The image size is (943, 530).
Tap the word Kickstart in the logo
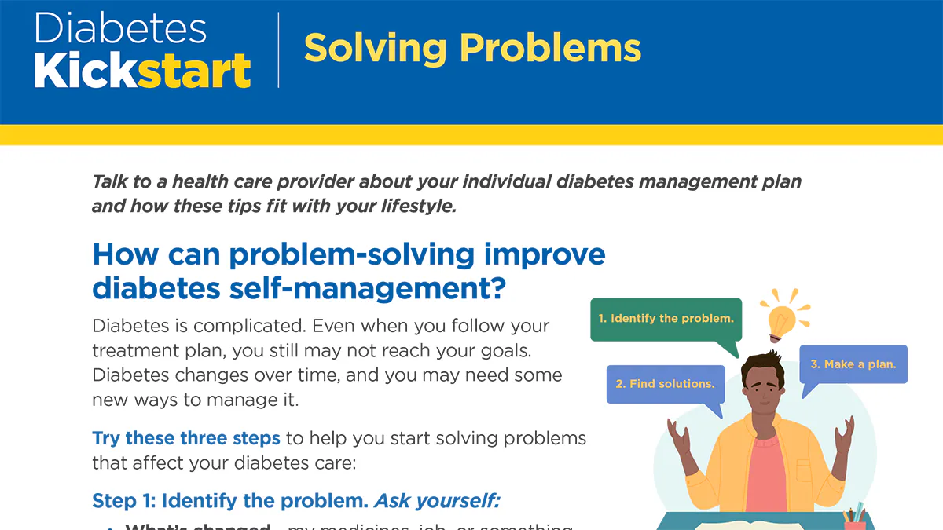[142, 71]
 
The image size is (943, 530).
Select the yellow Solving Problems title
[472, 48]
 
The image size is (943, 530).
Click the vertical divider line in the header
[278, 49]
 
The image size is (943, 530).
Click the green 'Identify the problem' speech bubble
[666, 319]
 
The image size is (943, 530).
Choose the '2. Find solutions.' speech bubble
[665, 384]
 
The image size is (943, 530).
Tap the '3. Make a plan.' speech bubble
[853, 364]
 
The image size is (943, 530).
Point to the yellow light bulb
[782, 320]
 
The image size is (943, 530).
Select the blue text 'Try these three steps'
[186, 437]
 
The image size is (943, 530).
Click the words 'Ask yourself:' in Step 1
[437, 501]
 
